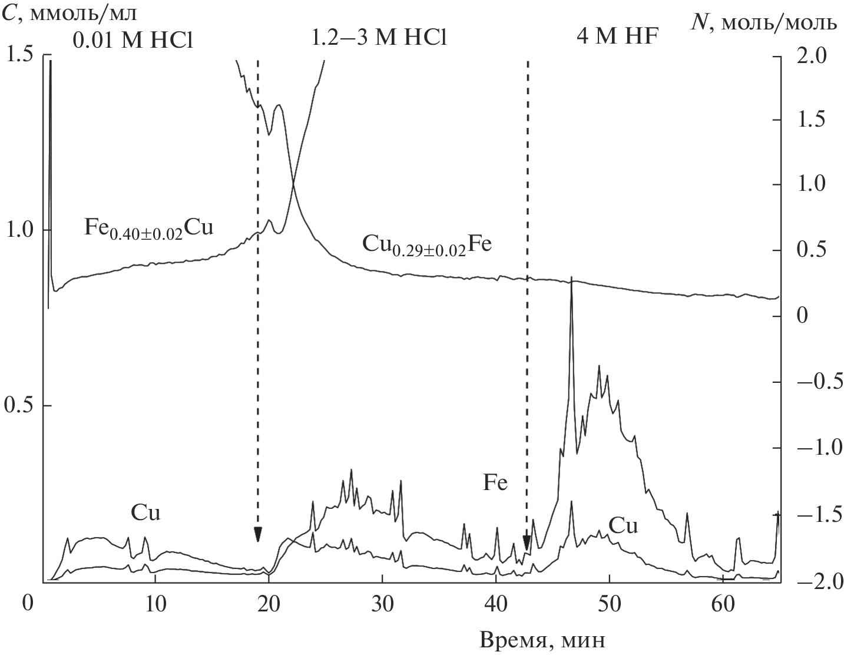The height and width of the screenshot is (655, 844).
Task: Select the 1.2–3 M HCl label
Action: pyautogui.click(x=379, y=39)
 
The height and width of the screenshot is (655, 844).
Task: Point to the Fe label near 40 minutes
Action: pyautogui.click(x=495, y=484)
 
